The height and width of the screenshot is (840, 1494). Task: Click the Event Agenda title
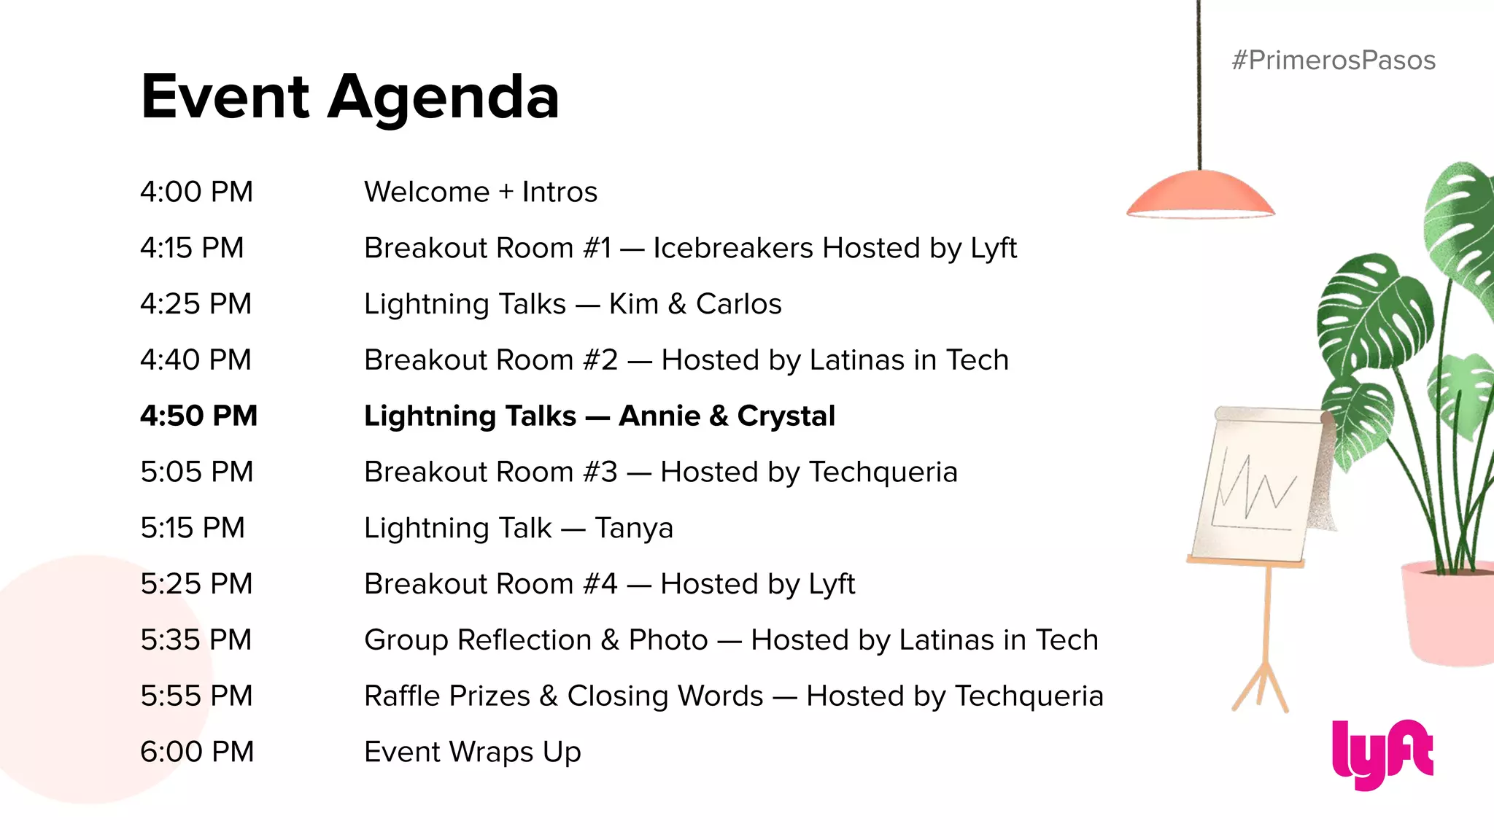[349, 97]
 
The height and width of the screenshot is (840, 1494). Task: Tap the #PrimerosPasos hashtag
[1333, 61]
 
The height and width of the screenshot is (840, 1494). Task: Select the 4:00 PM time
[196, 192]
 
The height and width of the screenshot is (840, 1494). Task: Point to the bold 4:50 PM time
[198, 416]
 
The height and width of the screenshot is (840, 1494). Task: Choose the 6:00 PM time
[197, 752]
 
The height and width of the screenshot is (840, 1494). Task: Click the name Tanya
[634, 529]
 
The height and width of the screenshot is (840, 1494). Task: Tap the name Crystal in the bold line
[786, 416]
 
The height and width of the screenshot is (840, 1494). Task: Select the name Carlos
[738, 304]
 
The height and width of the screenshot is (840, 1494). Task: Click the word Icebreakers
[732, 248]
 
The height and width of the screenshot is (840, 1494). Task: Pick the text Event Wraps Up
[472, 752]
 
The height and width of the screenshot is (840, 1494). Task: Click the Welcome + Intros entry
[480, 192]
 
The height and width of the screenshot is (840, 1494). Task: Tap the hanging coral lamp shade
[1200, 195]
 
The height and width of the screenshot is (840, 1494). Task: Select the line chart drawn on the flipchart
[1255, 489]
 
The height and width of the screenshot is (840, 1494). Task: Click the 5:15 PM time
[193, 528]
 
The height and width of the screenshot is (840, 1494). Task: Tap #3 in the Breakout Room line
[600, 472]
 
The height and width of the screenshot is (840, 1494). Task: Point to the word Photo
[668, 640]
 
